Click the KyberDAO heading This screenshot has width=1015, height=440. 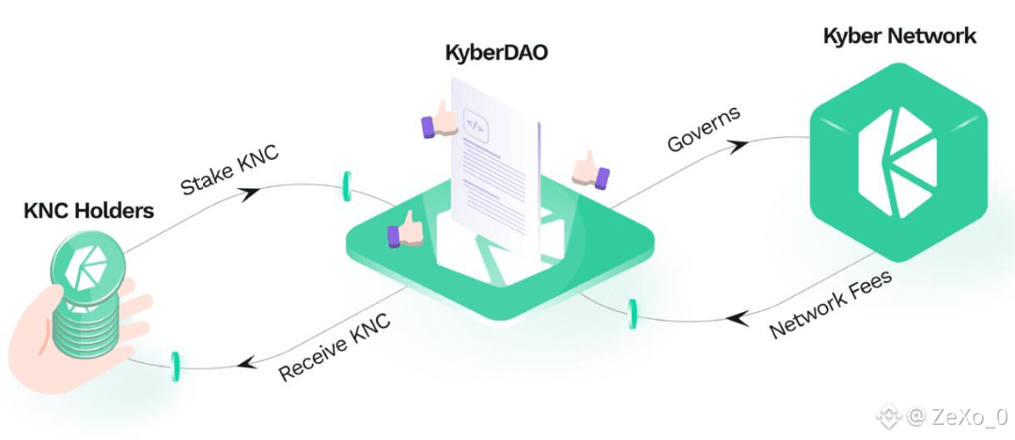pos(496,53)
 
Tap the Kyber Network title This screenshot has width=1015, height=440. pos(899,36)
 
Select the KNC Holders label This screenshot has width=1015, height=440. pos(88,211)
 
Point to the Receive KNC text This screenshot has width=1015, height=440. pos(335,349)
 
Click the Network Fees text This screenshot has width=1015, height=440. pos(831,304)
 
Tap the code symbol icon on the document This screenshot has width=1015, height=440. pos(476,126)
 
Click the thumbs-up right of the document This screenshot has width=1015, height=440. pos(590,171)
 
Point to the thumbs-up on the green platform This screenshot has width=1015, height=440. pos(404,228)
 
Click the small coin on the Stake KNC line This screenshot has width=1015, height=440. pos(347,186)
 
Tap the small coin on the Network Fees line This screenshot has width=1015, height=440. pos(632,314)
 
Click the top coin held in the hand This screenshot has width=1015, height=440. pos(86,266)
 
